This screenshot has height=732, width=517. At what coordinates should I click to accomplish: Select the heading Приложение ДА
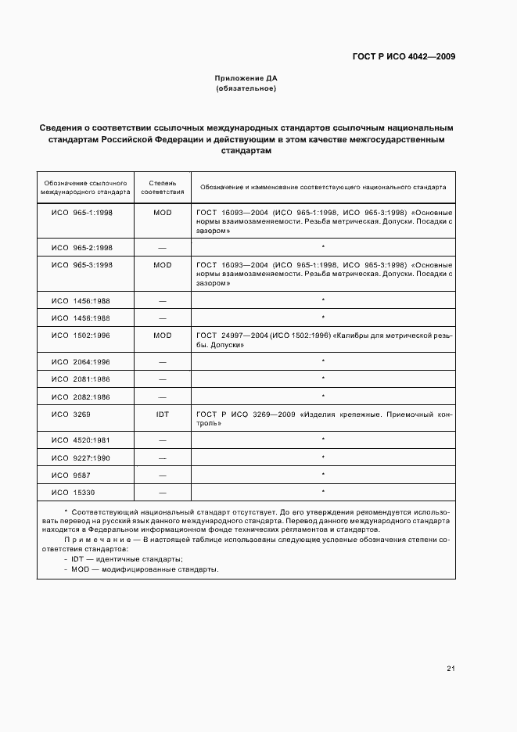click(246, 79)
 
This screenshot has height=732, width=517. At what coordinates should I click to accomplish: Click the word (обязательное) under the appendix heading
click(246, 88)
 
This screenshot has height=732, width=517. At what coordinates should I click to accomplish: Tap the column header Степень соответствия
click(163, 187)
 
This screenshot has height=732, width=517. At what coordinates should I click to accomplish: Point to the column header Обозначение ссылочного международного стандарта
click(85, 187)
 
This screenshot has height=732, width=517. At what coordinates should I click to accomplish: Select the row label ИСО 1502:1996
click(81, 335)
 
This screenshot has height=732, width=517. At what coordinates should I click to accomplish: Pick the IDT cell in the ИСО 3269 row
click(163, 414)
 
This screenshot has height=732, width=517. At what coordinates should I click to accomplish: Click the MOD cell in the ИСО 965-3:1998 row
click(163, 265)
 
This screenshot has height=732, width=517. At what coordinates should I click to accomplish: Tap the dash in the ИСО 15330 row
click(163, 492)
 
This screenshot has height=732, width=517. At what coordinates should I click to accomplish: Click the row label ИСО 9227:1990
click(81, 457)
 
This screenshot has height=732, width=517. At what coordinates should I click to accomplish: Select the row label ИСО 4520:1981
click(81, 440)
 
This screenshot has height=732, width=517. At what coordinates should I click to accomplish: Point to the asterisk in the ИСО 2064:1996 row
click(323, 361)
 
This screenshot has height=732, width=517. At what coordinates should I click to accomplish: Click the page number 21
click(451, 669)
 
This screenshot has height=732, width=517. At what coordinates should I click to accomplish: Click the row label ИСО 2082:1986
click(81, 396)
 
